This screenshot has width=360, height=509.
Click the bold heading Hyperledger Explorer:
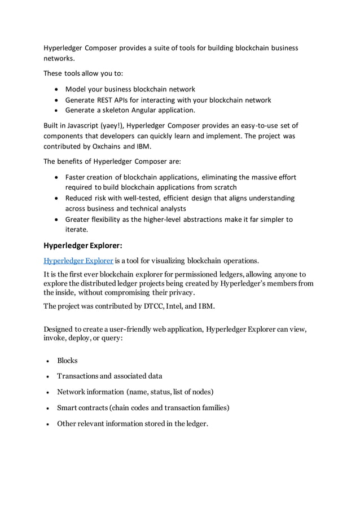(82, 245)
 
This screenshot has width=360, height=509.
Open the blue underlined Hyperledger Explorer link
(78, 261)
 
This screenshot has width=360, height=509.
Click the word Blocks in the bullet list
(67, 361)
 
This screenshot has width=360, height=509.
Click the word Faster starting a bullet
(77, 177)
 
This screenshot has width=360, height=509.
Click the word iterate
(77, 230)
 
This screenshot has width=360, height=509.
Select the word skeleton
(116, 110)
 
